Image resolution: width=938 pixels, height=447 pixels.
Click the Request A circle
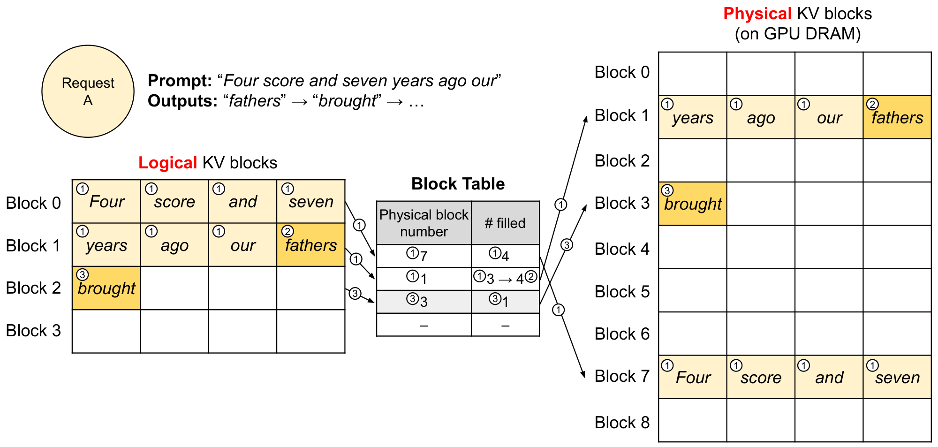coord(88,91)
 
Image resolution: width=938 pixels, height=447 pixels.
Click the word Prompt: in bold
coord(180,81)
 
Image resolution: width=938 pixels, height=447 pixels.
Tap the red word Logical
coord(167,163)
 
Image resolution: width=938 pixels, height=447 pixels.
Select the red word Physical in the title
coord(757,14)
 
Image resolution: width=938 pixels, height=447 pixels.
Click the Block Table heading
coord(458,184)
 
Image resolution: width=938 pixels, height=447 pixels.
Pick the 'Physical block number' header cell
coord(424,223)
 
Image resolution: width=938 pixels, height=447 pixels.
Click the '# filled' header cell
coord(505,223)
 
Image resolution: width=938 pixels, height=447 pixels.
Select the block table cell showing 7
coord(424,256)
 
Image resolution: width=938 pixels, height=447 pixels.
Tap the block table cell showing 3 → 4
coord(505,279)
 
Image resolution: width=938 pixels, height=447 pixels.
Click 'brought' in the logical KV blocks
coord(106,288)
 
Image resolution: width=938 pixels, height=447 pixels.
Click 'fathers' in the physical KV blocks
coord(897,117)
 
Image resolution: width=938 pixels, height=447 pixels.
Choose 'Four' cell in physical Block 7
coord(693,377)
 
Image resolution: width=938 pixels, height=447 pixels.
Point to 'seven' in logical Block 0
coord(310,202)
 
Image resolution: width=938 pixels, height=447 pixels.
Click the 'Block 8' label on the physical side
coord(622,423)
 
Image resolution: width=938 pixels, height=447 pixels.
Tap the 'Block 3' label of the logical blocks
coord(33,331)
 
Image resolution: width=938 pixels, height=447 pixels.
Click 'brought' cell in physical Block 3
coord(693,204)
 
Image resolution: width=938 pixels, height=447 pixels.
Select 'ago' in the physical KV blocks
coord(761,117)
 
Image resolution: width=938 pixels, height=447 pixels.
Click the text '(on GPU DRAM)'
coord(797,34)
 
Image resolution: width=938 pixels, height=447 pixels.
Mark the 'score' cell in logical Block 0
coord(174,202)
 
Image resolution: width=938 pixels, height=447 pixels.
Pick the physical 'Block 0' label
coord(622,72)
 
